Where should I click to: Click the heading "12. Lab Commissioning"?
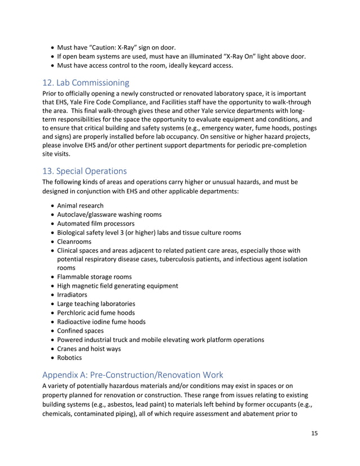86,83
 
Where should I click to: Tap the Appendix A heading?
133,374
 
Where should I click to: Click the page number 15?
314,433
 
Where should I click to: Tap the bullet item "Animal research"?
80,205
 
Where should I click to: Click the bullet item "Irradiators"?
73,294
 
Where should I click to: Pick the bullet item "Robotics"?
69,357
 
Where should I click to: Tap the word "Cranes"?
69,348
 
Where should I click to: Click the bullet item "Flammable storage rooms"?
94,276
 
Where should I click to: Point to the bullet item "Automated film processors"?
96,223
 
